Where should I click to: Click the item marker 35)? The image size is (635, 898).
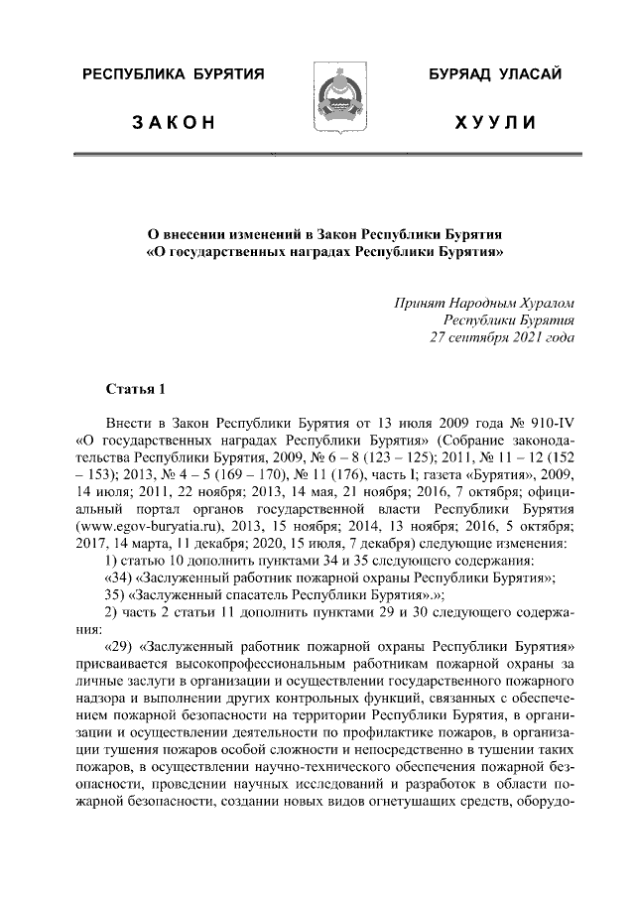point(117,595)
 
